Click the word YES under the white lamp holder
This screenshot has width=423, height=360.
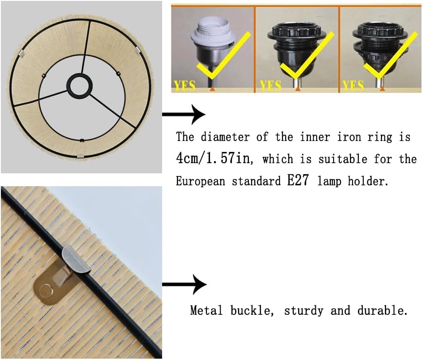click(x=185, y=86)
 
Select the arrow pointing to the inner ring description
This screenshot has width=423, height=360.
click(x=183, y=114)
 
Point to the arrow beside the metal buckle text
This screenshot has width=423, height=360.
click(x=184, y=284)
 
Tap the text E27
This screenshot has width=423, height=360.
click(x=298, y=180)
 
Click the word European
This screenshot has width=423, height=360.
click(x=201, y=181)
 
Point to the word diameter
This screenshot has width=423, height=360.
click(x=225, y=137)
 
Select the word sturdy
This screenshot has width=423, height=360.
click(x=303, y=311)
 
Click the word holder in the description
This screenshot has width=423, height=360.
click(x=368, y=180)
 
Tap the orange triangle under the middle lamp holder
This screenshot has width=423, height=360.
click(x=298, y=89)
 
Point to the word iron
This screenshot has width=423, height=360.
click(x=349, y=137)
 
